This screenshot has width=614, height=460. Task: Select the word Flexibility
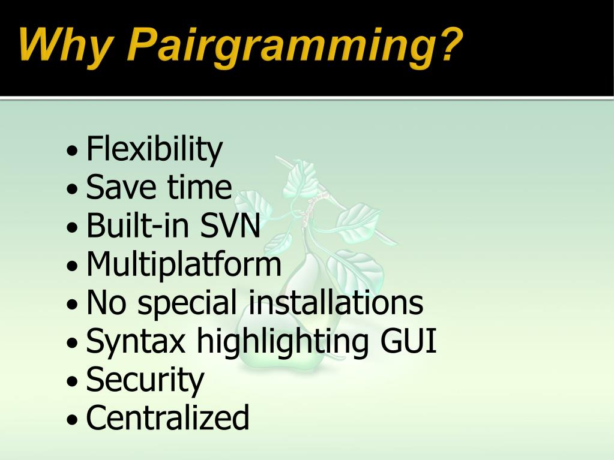(x=154, y=150)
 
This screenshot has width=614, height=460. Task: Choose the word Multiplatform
(x=184, y=265)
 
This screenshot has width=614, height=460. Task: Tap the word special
(x=187, y=303)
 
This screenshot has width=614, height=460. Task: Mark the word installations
(x=336, y=302)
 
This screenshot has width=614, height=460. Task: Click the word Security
(x=145, y=380)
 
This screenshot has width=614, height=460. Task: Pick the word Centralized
(x=167, y=417)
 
